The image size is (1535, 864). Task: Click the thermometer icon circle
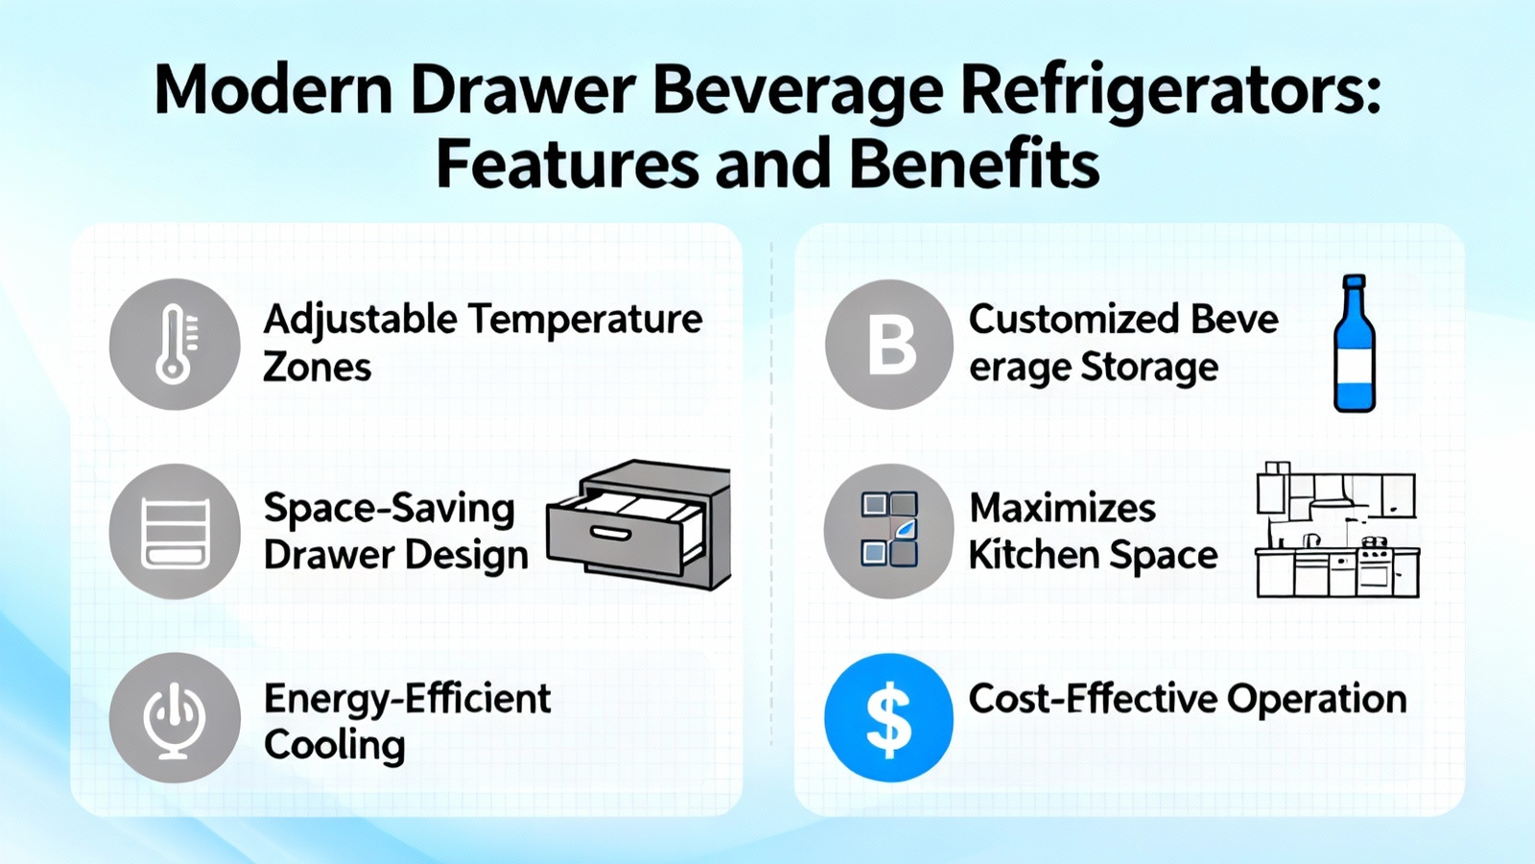(175, 345)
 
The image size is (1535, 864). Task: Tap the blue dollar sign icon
(888, 718)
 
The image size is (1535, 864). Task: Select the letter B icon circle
(889, 345)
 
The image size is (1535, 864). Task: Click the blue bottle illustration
(1354, 344)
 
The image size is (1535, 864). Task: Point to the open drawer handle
(610, 533)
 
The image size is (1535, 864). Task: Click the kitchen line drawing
(1337, 529)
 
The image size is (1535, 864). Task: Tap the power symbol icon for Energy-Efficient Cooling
(175, 718)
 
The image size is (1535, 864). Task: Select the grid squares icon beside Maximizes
(888, 530)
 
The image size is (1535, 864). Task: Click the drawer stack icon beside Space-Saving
(175, 532)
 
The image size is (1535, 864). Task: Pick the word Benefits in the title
(975, 164)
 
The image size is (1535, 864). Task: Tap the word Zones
(317, 368)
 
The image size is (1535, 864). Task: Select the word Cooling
(335, 745)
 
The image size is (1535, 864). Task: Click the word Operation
(1315, 701)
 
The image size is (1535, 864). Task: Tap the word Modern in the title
(273, 90)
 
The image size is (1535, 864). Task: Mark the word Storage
(1150, 369)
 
